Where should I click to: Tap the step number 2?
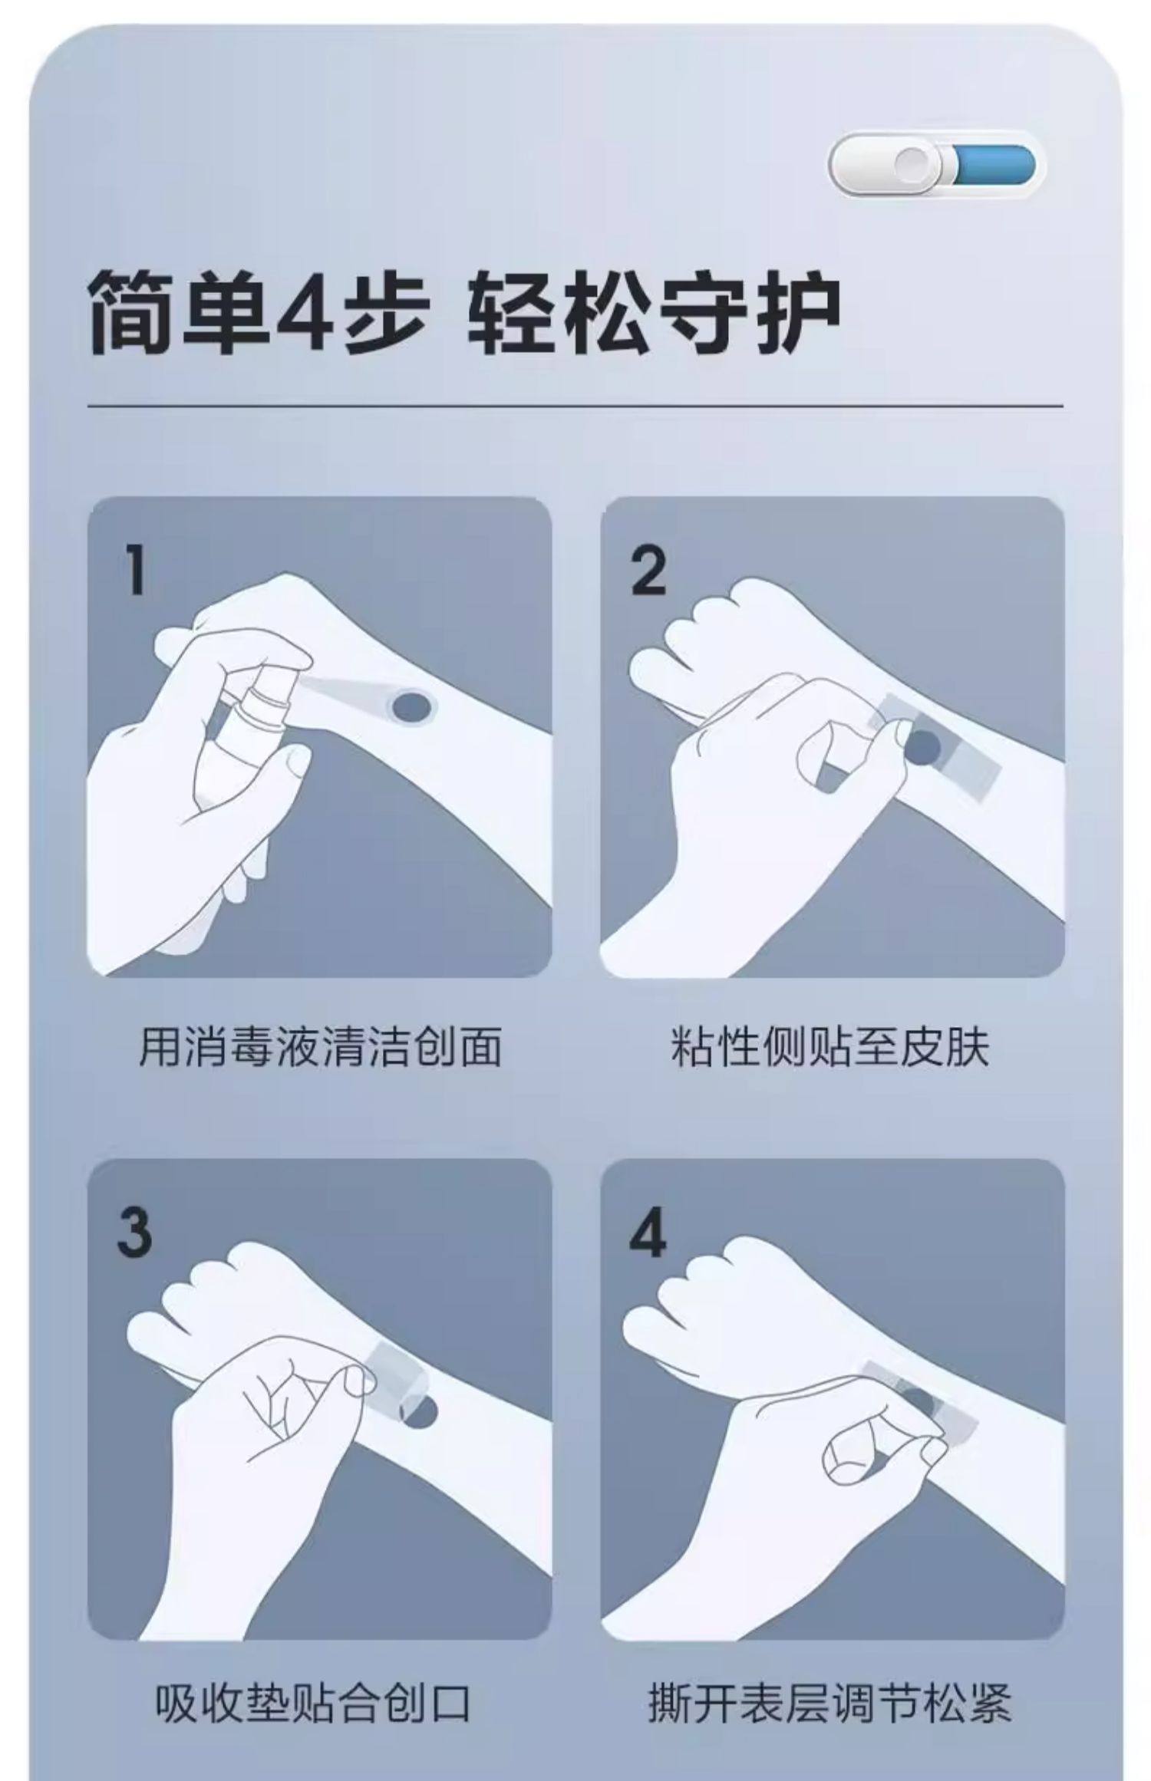(649, 571)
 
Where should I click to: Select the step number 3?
(135, 1234)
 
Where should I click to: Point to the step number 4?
(648, 1234)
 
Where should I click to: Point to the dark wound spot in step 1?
(412, 706)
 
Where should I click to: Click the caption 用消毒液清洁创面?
(320, 1046)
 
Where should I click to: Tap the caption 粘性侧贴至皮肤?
(830, 1046)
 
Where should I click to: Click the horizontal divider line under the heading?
(575, 406)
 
